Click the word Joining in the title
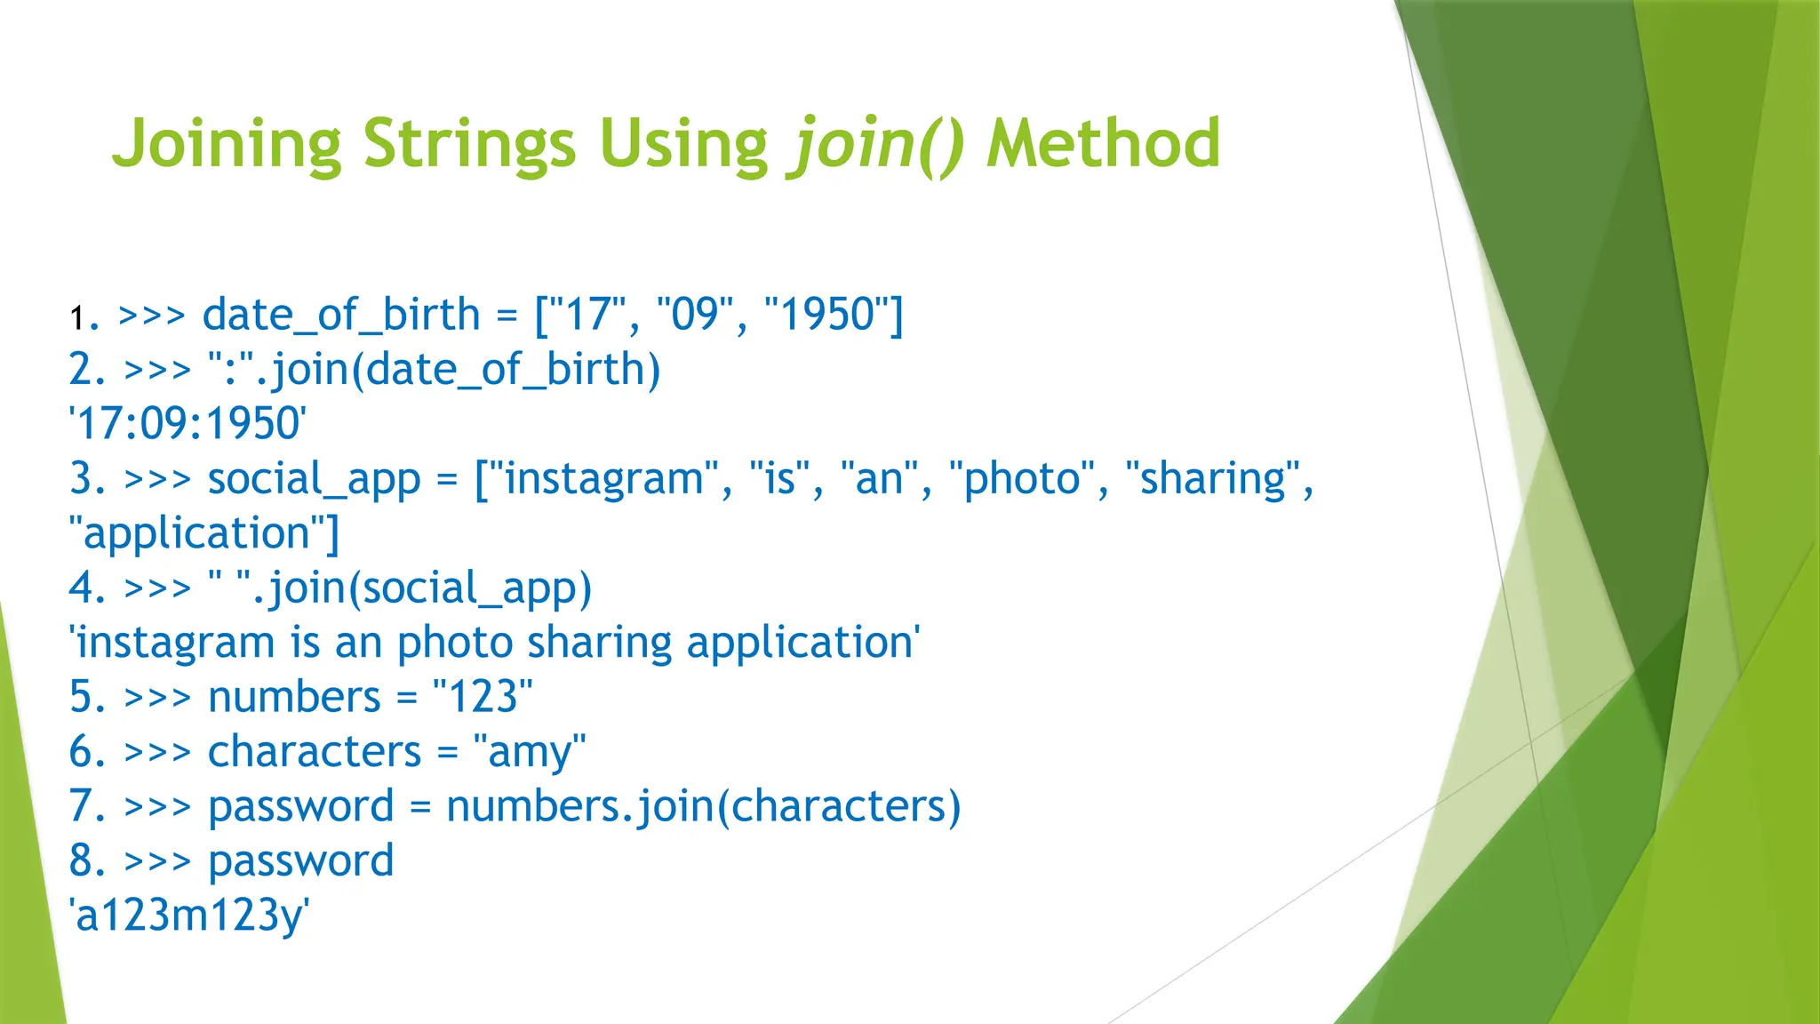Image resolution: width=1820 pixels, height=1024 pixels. [226, 144]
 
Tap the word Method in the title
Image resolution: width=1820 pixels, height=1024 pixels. [1103, 144]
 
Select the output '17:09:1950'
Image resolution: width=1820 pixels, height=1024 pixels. [188, 424]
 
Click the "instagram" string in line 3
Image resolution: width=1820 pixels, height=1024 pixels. [603, 479]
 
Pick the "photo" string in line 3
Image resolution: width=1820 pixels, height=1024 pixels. [1022, 479]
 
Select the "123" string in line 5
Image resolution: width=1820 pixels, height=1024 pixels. [483, 697]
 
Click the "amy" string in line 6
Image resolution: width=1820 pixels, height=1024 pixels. [530, 752]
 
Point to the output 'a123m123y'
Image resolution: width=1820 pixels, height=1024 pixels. [189, 916]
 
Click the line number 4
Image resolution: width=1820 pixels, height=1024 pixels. [87, 588]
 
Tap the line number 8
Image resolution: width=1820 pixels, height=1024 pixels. [87, 861]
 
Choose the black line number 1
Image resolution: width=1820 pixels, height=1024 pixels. [78, 317]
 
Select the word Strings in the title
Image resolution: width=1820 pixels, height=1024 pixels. [469, 144]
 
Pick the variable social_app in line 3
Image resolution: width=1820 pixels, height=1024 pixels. [314, 479]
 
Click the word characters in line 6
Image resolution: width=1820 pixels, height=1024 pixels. [314, 752]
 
